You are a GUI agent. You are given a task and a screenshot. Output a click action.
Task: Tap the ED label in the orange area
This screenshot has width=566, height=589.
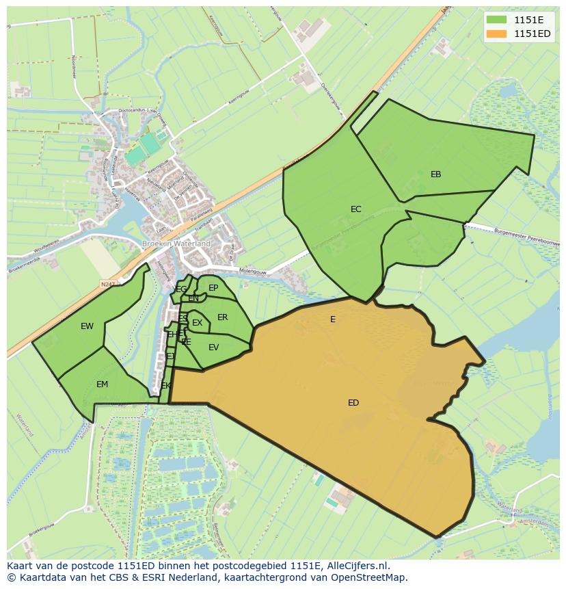click(353, 403)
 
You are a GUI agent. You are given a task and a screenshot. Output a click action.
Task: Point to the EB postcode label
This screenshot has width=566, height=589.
click(435, 174)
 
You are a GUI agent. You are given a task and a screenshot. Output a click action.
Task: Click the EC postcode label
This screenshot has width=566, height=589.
click(355, 209)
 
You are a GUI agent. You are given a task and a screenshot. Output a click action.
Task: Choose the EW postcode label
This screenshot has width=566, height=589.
click(87, 326)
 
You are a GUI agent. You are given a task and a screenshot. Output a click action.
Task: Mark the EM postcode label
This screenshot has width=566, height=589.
click(102, 384)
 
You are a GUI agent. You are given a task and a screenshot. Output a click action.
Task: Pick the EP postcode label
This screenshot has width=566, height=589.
click(213, 288)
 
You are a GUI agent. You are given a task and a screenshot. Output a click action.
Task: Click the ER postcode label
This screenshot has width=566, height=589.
click(222, 317)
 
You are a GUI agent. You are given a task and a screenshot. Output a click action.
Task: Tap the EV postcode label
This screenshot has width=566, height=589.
click(213, 348)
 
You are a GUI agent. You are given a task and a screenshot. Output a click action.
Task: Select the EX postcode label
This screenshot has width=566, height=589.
click(197, 323)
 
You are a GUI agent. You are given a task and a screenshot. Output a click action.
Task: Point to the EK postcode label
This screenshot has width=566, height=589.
click(165, 386)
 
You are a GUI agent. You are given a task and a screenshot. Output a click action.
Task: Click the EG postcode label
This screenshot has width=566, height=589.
click(180, 289)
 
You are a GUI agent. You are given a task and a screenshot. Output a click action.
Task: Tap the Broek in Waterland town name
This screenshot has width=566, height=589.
click(176, 244)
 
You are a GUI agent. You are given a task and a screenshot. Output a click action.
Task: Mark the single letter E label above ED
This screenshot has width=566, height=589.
click(333, 319)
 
